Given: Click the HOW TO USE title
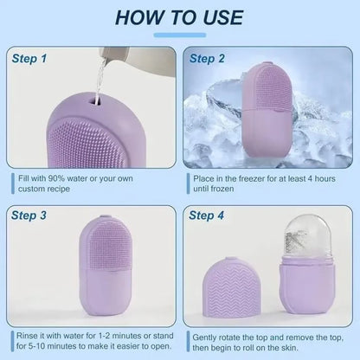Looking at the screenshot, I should click(x=180, y=17).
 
